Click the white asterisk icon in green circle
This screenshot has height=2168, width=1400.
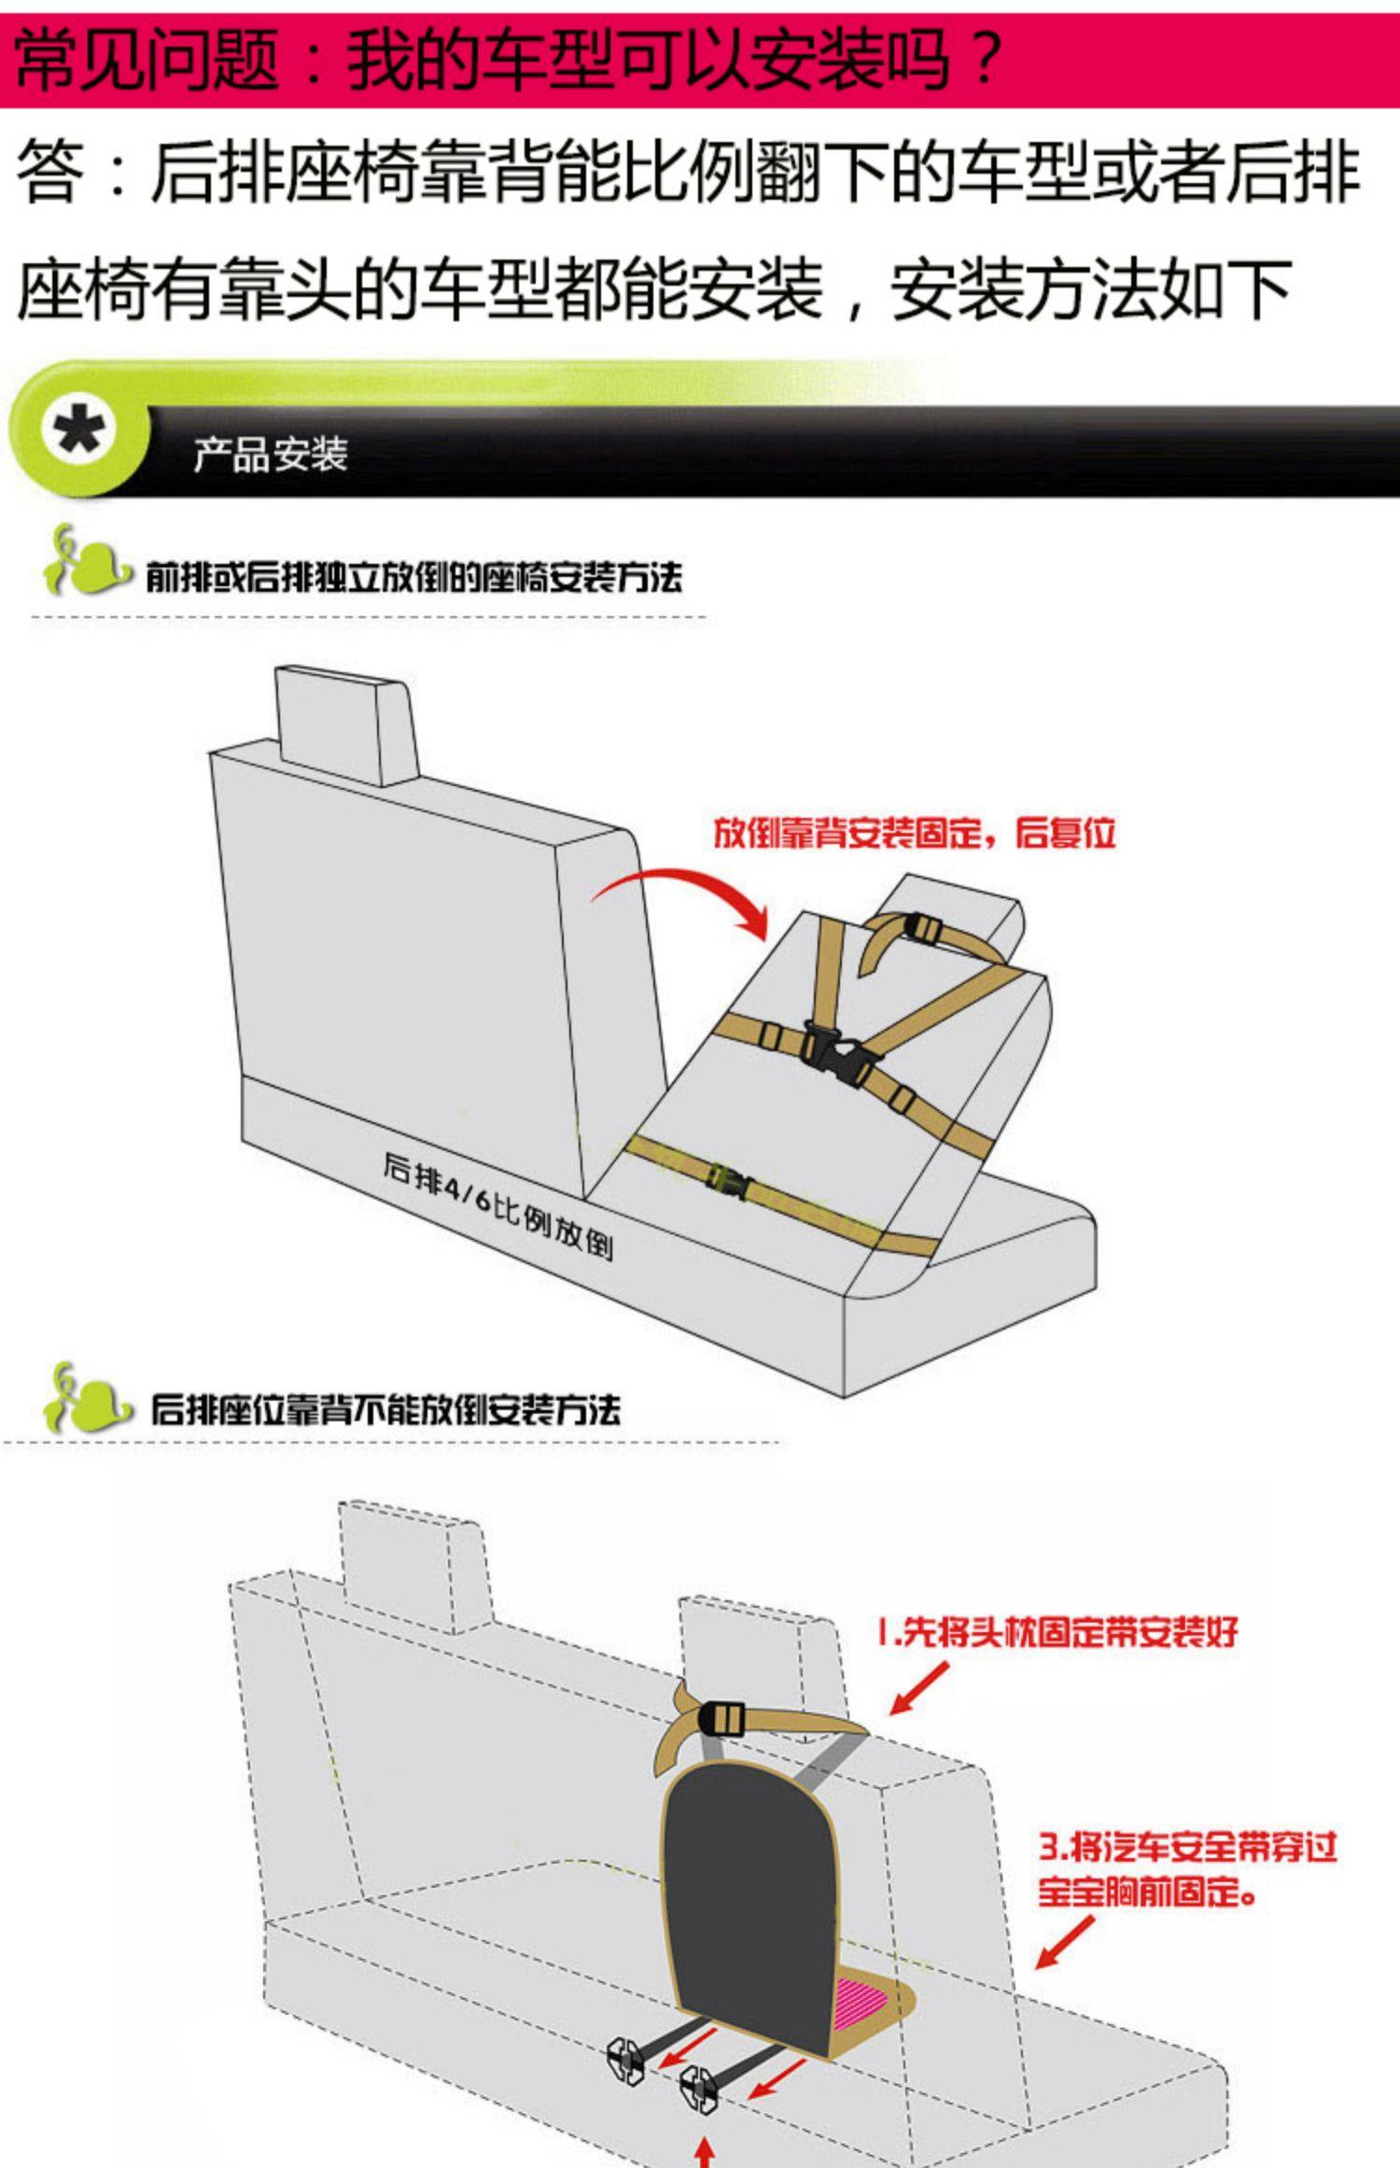[x=78, y=432]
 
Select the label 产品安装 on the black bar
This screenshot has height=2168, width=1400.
[x=271, y=456]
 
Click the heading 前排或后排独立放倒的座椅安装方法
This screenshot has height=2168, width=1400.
[x=413, y=577]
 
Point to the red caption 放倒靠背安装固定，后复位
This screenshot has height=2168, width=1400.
[x=914, y=832]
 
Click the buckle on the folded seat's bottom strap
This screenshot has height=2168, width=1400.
[x=730, y=1180]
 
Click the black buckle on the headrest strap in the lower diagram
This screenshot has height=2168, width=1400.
[x=721, y=1716]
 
